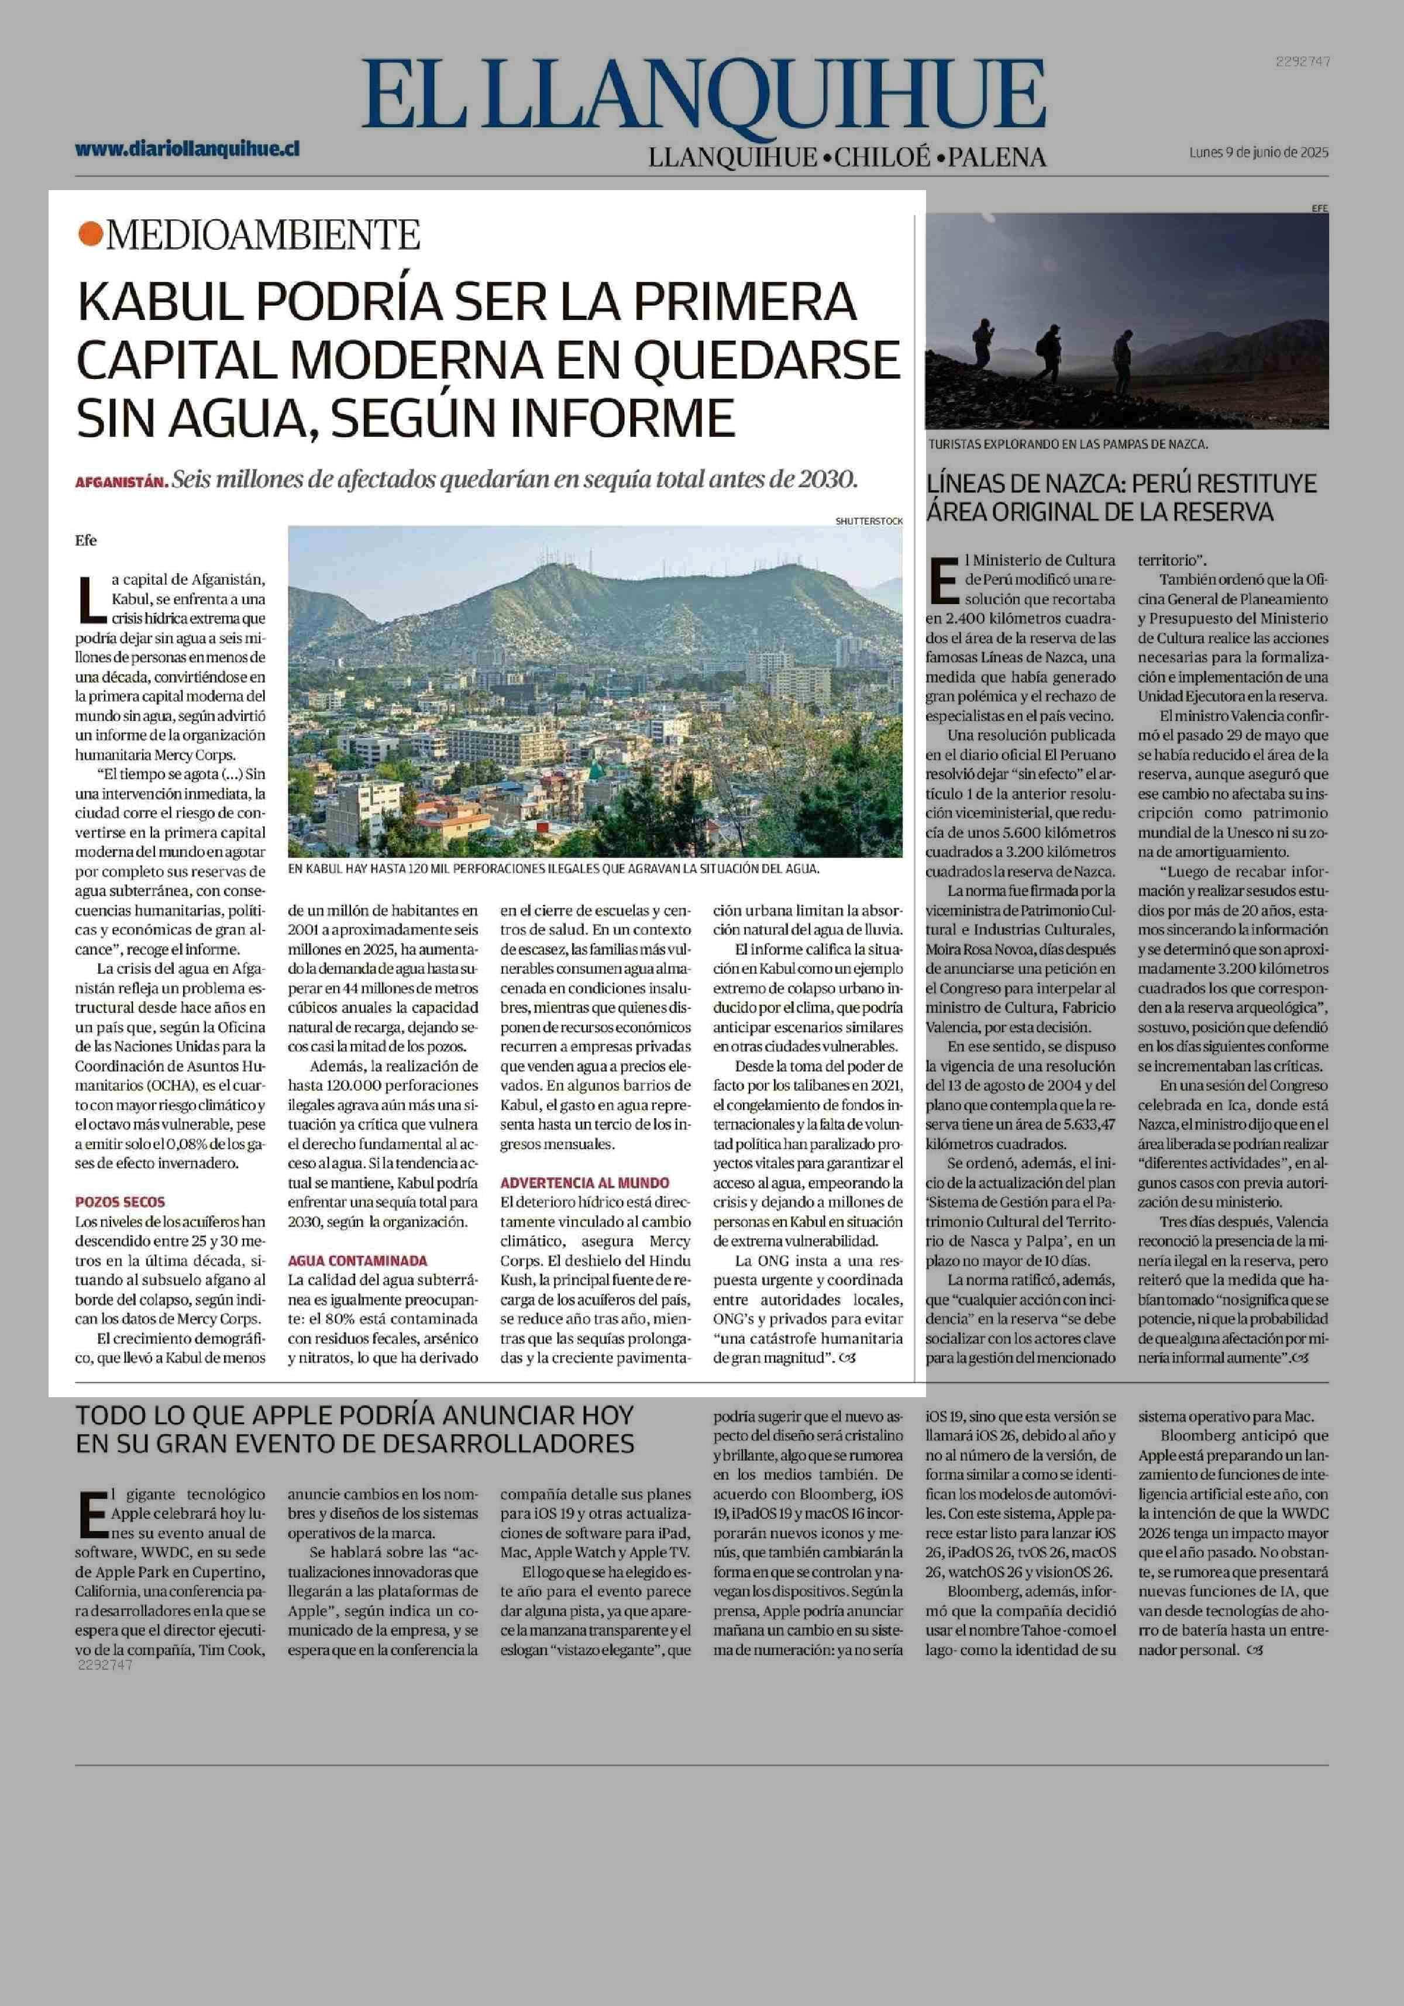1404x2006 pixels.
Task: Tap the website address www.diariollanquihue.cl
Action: (187, 149)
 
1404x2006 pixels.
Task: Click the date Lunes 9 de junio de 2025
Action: (1258, 152)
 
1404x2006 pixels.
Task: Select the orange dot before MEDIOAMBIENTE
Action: (88, 234)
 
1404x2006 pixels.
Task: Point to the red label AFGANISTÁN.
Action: (121, 481)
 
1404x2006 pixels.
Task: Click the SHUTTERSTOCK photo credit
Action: (869, 521)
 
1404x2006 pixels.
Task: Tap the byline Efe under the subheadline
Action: (85, 541)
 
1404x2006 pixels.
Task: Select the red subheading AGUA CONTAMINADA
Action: (357, 1261)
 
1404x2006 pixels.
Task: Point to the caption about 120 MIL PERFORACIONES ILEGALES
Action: (554, 869)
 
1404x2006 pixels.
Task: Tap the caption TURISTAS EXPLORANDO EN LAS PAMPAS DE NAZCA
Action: (1068, 444)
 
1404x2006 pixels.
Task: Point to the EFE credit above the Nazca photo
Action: (1319, 208)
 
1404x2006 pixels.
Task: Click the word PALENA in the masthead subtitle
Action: (997, 157)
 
